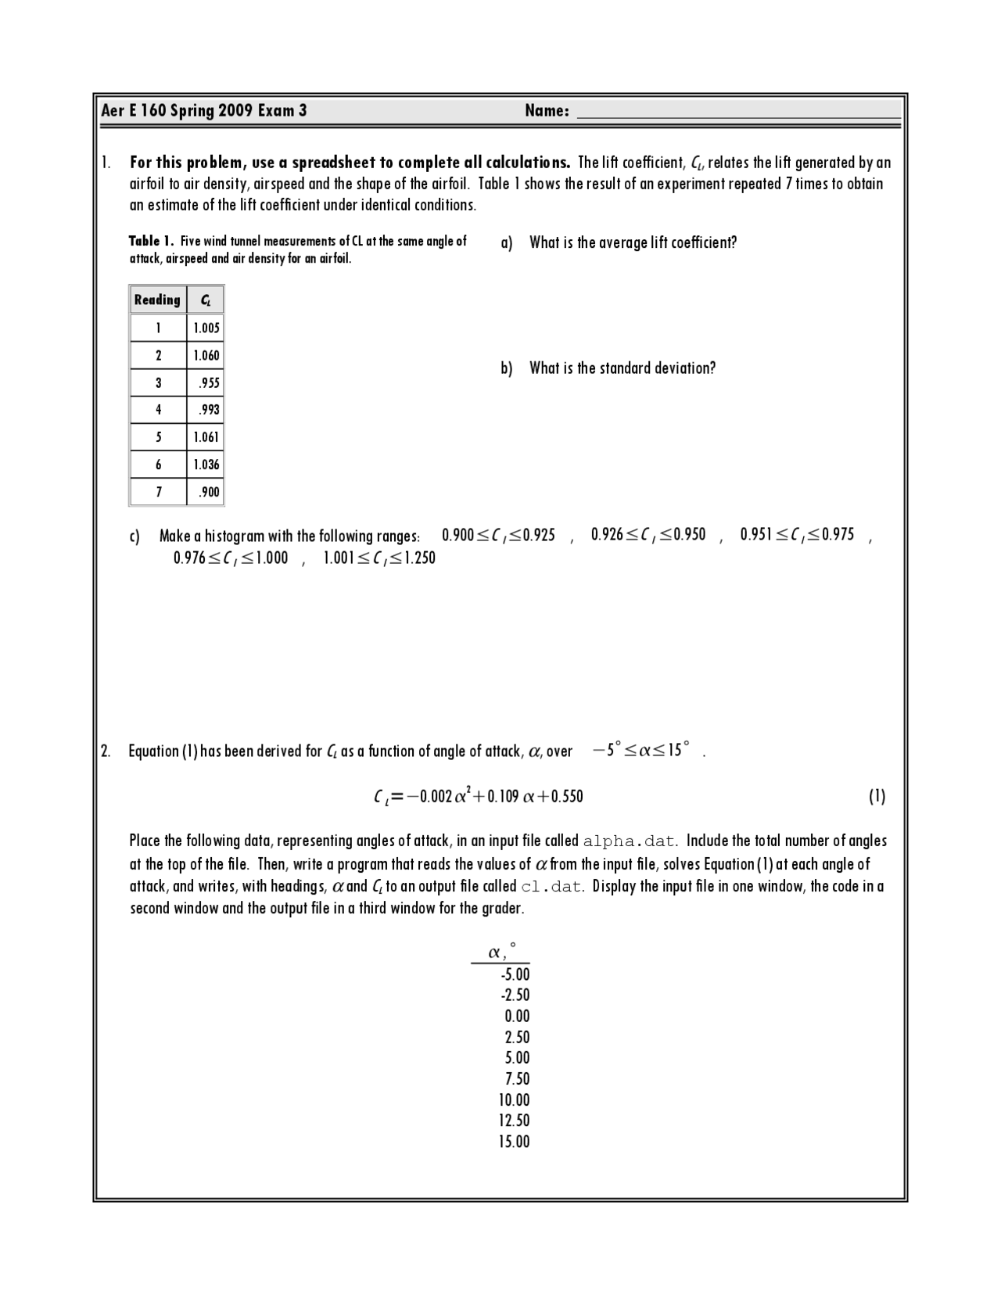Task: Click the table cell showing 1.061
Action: tap(206, 437)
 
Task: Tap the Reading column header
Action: tap(157, 300)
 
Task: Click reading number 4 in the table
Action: tap(158, 410)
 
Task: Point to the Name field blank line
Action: tap(737, 111)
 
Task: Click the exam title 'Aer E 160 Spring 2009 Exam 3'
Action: tap(204, 111)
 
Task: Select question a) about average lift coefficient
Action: tap(632, 242)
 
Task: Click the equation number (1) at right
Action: tap(877, 796)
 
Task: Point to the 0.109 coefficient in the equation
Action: tap(504, 796)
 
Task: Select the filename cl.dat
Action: tap(551, 887)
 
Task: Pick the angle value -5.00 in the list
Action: tap(515, 974)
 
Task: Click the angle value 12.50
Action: tap(514, 1121)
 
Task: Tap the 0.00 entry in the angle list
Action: tap(517, 1016)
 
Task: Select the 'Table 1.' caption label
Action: tap(150, 242)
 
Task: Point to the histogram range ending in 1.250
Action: tap(379, 558)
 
